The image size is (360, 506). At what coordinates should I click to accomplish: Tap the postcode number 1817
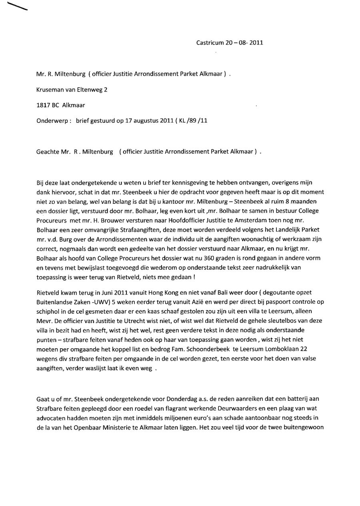(43, 105)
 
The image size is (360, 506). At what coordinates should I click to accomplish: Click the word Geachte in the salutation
(47, 152)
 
